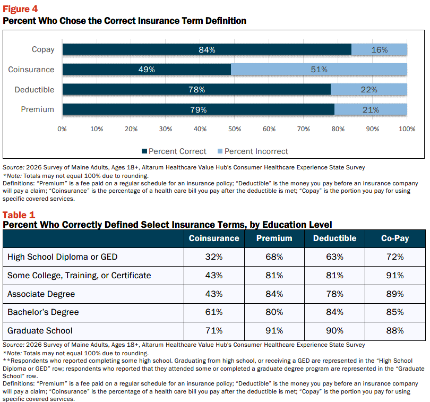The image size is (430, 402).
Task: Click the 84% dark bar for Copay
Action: point(207,49)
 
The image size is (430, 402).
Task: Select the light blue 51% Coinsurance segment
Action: point(319,70)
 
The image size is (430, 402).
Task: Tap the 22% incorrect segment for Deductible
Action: point(369,89)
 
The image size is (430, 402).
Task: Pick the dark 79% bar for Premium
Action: point(199,109)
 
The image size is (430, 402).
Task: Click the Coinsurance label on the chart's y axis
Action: point(31,70)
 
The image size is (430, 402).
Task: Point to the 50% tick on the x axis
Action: point(235,129)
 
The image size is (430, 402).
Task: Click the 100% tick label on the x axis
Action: point(407,129)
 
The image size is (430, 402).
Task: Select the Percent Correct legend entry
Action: point(174,151)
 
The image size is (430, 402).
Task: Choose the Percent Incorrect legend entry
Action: point(253,151)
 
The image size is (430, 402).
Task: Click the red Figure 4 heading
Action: point(20,9)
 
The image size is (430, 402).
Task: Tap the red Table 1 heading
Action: point(19,215)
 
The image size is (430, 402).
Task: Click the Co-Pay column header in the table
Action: point(395,238)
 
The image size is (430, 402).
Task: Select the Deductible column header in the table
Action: point(334,238)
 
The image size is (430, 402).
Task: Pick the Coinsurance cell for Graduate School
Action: point(214,331)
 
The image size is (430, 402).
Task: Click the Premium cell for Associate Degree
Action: point(274,294)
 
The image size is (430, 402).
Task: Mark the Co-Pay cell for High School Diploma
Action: point(395,257)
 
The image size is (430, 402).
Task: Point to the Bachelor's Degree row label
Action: point(43,312)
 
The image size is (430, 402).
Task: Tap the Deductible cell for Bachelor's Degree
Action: point(334,312)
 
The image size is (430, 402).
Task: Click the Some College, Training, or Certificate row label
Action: point(79,276)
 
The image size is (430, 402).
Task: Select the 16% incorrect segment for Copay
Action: point(380,49)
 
